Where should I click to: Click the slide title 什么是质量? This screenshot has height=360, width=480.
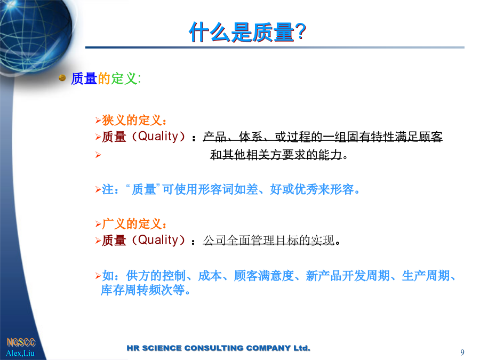point(247,32)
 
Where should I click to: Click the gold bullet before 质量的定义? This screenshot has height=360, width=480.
point(62,78)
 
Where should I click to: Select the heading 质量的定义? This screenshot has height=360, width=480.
point(106,79)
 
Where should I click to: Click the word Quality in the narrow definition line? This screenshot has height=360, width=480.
point(158,137)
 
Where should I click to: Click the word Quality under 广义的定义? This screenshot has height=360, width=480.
point(158,241)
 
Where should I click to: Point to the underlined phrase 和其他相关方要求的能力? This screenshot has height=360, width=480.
point(276,155)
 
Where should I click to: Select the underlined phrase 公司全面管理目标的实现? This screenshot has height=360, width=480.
point(269,241)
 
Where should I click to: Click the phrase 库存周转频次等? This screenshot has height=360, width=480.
point(146,290)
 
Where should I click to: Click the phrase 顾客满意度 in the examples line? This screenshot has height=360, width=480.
point(264,276)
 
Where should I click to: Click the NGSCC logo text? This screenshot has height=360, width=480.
point(21,342)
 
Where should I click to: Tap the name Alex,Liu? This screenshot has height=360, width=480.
point(20,353)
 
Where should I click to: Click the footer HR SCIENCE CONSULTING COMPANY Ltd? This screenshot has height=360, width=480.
point(219,348)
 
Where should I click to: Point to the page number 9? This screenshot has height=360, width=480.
point(462,353)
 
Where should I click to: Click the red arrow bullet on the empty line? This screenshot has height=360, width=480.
point(98,155)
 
